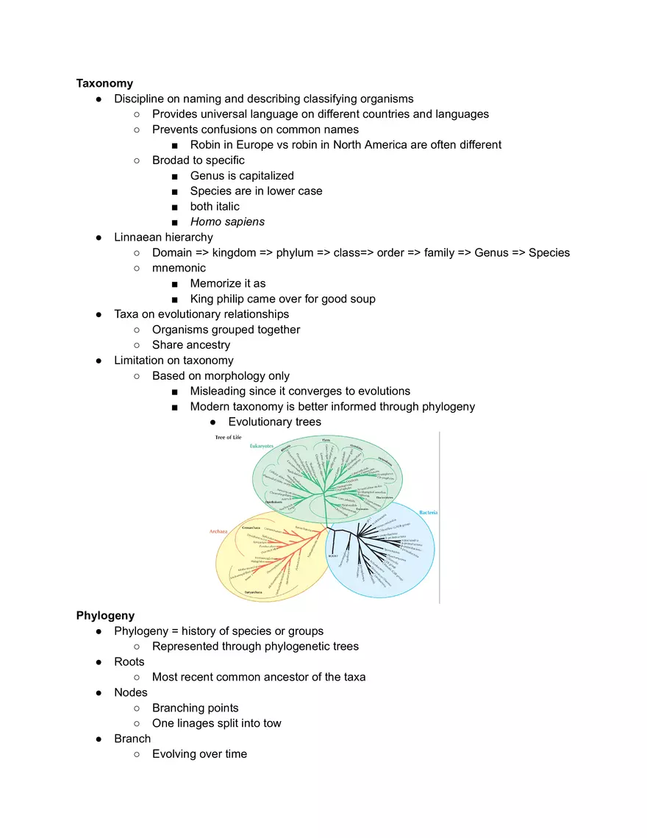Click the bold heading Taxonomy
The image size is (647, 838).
[x=104, y=83]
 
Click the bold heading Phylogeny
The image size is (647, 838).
[x=105, y=615]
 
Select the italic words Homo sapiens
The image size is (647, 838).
[x=227, y=221]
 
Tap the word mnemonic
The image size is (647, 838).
[x=179, y=268]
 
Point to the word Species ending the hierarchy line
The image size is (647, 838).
[x=548, y=252]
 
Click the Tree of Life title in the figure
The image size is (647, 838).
[x=228, y=437]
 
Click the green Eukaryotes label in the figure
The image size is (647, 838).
[x=262, y=446]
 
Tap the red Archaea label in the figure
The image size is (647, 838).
[x=217, y=530]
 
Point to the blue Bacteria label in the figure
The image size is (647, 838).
[x=428, y=512]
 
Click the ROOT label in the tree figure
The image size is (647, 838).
[x=333, y=556]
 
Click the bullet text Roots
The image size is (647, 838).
[x=129, y=661]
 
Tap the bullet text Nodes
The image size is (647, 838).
[x=131, y=692]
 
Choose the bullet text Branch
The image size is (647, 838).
[x=132, y=739]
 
